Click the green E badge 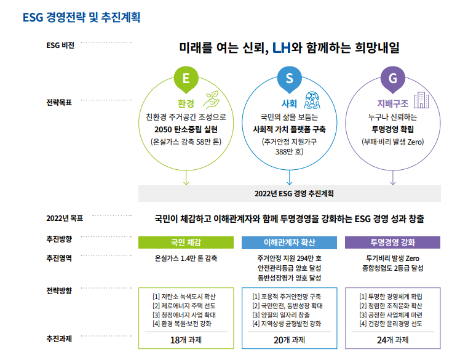point(186,79)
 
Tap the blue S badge point(289,79)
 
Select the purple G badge point(393,79)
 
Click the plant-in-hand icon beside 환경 point(211,100)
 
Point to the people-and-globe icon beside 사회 point(312,100)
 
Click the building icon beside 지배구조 point(421,100)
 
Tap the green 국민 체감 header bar point(186,242)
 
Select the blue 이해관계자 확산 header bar point(289,242)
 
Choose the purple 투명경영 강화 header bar point(392,242)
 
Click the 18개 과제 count point(186,340)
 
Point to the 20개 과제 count point(289,340)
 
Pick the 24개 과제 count point(393,340)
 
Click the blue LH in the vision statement point(281,47)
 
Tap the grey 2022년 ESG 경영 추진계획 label point(294,193)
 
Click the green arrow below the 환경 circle point(186,178)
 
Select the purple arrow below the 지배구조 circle point(393,178)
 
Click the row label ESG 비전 point(60,46)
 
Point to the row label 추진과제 point(59,339)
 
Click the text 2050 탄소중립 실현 point(186,129)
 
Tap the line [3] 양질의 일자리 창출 point(281,315)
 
